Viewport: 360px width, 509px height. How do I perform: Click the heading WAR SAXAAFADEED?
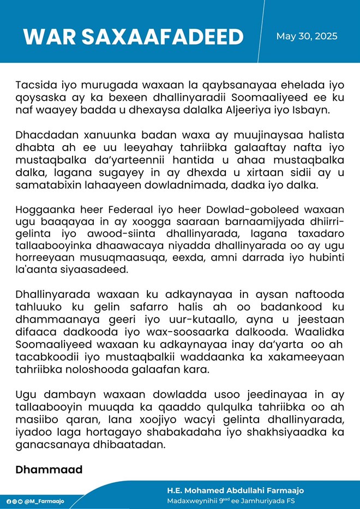(133, 37)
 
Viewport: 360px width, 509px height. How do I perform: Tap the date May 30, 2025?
(307, 37)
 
